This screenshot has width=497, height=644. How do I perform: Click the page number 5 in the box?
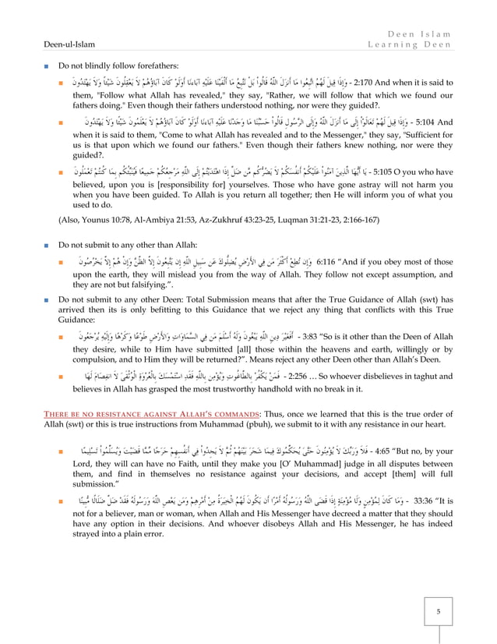pyautogui.click(x=438, y=611)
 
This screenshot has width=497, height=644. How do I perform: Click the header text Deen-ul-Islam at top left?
pyautogui.click(x=43, y=44)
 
